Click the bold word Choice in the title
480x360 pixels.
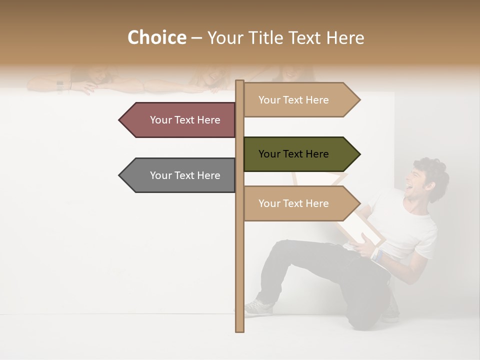point(156,38)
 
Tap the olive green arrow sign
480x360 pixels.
point(297,154)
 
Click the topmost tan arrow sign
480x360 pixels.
point(297,100)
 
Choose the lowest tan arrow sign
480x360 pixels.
point(297,203)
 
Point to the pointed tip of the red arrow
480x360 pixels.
point(120,120)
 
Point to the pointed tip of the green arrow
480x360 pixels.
point(359,154)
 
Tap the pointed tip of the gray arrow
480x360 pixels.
point(120,175)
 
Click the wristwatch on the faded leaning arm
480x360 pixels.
point(60,86)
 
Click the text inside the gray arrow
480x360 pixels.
point(185,175)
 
